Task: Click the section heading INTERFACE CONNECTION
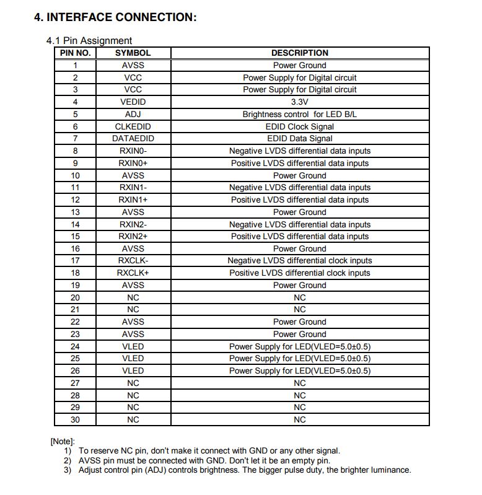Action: click(115, 17)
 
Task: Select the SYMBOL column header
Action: click(133, 53)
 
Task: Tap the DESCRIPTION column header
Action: click(300, 53)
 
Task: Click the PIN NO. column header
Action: click(76, 53)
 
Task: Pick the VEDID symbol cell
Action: click(133, 102)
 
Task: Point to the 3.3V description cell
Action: click(300, 102)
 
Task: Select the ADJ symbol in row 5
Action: click(133, 115)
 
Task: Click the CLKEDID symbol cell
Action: click(133, 126)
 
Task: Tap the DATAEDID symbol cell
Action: click(133, 139)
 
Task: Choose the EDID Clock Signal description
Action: click(300, 126)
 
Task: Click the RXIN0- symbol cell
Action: click(133, 151)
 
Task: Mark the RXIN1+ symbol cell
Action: click(133, 200)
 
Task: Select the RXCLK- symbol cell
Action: click(133, 261)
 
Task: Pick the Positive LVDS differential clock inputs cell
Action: click(300, 273)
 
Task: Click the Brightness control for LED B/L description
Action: click(300, 115)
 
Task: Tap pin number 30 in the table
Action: click(76, 420)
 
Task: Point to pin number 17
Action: click(76, 261)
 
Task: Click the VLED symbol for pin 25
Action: click(133, 359)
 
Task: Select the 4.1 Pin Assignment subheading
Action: click(89, 41)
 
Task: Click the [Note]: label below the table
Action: click(63, 441)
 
